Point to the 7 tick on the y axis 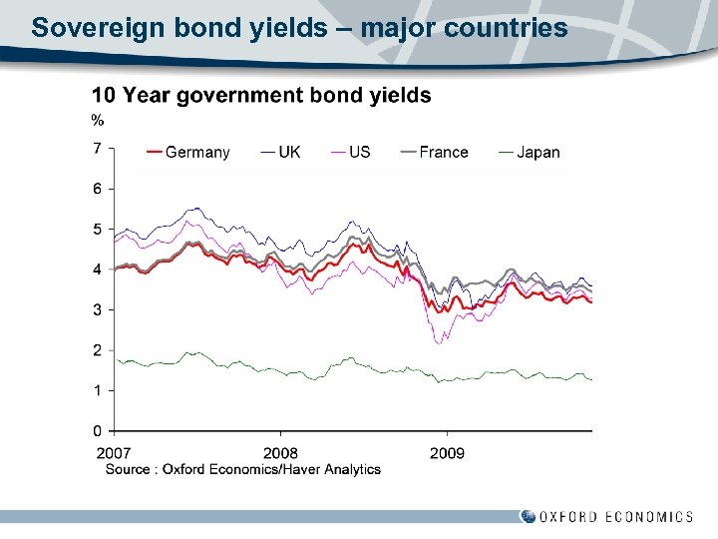click(x=97, y=149)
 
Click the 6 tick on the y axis click(x=97, y=189)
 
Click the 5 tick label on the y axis click(x=97, y=230)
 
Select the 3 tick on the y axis click(x=97, y=310)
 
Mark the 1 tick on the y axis click(x=97, y=390)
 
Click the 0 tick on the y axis click(x=97, y=431)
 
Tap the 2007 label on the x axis click(x=114, y=454)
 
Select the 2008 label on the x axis click(x=280, y=454)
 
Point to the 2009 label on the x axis click(x=447, y=454)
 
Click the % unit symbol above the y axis click(x=98, y=121)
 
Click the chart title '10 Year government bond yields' click(x=261, y=96)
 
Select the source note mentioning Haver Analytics click(x=243, y=469)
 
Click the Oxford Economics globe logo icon click(x=528, y=516)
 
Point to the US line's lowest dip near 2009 click(x=438, y=342)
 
